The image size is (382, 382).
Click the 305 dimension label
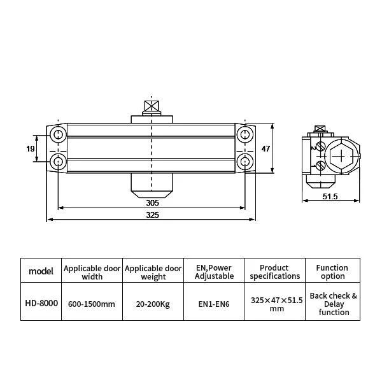pos(152,202)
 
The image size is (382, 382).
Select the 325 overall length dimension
pos(152,215)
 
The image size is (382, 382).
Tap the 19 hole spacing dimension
pos(31,148)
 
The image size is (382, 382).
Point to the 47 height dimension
pos(265,148)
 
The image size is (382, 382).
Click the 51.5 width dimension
pos(330,196)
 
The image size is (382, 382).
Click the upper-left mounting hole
pos(58,134)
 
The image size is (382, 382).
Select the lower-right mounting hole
pos(245,162)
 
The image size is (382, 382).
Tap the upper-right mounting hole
pos(245,134)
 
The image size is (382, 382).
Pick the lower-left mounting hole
pos(58,162)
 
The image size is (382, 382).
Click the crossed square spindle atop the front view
pos(152,106)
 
